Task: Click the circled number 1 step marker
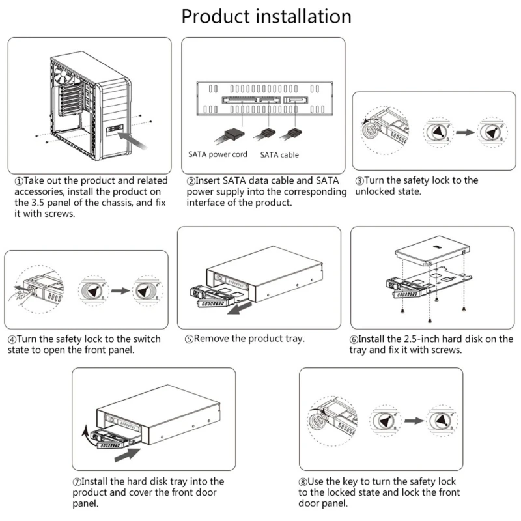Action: coord(19,180)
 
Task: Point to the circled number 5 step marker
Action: coord(188,339)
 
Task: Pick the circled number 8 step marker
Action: coord(303,481)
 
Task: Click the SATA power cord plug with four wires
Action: coord(231,134)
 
